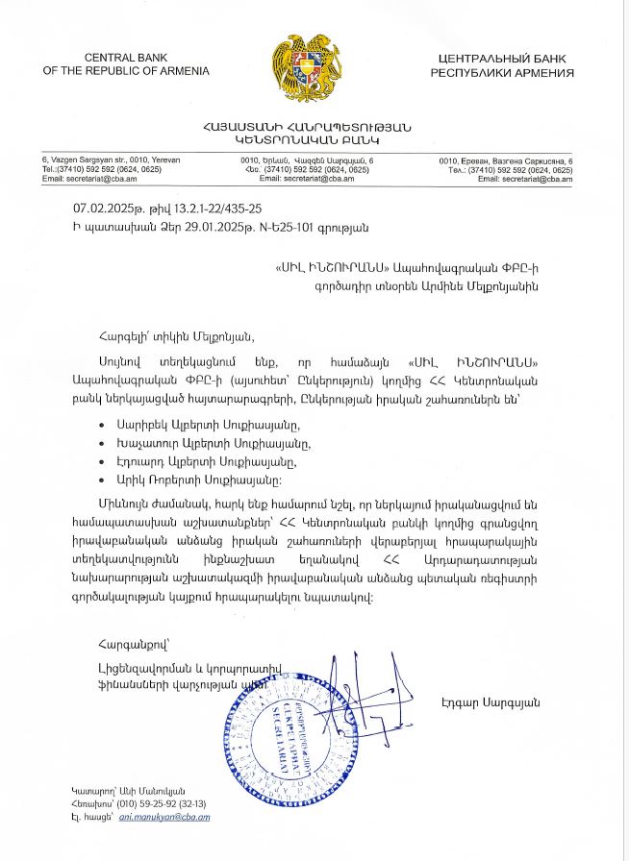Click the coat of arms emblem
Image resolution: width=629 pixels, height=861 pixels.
pos(314,68)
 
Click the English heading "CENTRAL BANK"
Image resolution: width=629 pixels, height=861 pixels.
pos(126,59)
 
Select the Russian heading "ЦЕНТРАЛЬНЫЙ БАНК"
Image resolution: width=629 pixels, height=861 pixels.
pos(501,59)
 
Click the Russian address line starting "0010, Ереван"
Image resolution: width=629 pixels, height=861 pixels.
pos(506,160)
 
